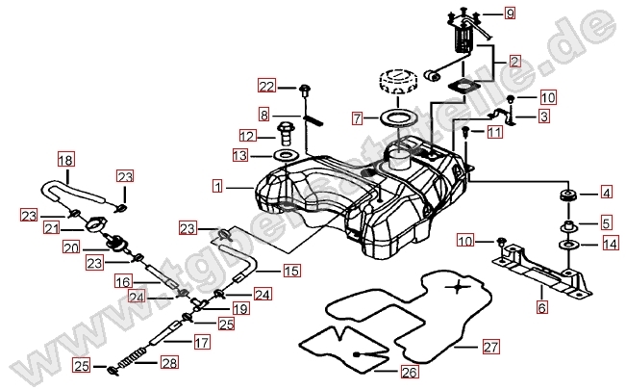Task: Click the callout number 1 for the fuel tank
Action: click(218, 183)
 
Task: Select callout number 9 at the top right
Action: click(511, 13)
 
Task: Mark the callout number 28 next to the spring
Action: click(169, 363)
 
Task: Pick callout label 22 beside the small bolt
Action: click(266, 88)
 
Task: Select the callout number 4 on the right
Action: click(607, 192)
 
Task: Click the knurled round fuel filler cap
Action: click(396, 79)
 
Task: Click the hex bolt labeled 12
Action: click(285, 129)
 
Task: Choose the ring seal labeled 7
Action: click(391, 117)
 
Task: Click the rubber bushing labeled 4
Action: click(567, 198)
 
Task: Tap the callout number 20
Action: click(96, 247)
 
